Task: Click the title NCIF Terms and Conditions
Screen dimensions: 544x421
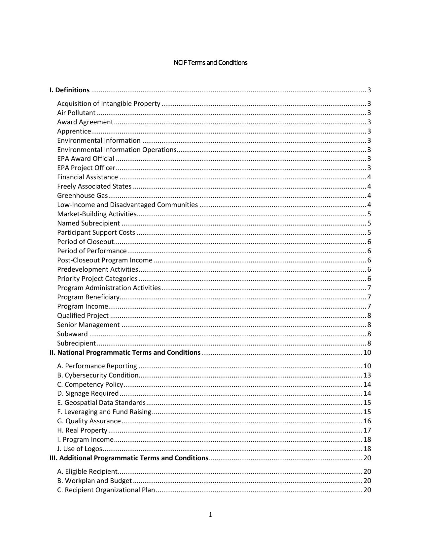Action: [210, 63]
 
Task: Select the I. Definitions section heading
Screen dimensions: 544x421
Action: [69, 90]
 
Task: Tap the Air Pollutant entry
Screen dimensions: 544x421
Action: [76, 113]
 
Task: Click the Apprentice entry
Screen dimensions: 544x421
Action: [74, 131]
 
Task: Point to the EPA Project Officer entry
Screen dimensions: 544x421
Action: [86, 168]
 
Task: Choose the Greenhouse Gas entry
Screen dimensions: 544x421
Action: [83, 196]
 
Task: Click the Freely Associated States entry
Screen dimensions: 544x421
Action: [94, 186]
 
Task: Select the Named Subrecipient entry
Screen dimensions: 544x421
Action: [88, 223]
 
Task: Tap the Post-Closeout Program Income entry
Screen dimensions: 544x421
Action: [105, 260]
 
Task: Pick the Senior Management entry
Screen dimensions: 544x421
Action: [88, 325]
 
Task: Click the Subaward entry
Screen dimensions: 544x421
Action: [72, 334]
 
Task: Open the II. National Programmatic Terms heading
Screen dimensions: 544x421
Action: [125, 352]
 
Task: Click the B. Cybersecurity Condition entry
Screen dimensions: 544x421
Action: [98, 375]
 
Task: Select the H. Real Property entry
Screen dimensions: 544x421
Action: [82, 430]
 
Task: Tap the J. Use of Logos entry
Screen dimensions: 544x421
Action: [80, 449]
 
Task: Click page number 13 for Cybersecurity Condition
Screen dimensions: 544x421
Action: [367, 375]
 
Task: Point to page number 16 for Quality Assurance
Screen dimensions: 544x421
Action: [367, 421]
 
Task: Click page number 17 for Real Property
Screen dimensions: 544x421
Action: [367, 430]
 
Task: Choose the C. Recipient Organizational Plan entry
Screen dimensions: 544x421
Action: [106, 490]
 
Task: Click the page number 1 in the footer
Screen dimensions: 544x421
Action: [210, 515]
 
